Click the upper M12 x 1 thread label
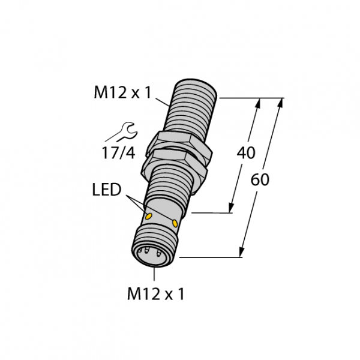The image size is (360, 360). click(123, 92)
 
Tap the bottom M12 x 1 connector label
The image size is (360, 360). click(155, 294)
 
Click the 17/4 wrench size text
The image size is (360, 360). click(118, 152)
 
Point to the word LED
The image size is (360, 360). click(107, 190)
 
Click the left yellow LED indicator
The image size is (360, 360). click(149, 216)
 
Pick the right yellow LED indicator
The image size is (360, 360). click(175, 223)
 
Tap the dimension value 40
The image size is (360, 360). click(245, 153)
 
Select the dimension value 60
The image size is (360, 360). click(260, 180)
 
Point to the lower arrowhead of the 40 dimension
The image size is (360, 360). click(232, 208)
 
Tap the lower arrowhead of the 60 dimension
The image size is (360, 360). click(242, 251)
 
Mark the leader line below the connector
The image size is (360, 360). click(154, 274)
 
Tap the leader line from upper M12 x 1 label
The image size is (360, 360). click(163, 102)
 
